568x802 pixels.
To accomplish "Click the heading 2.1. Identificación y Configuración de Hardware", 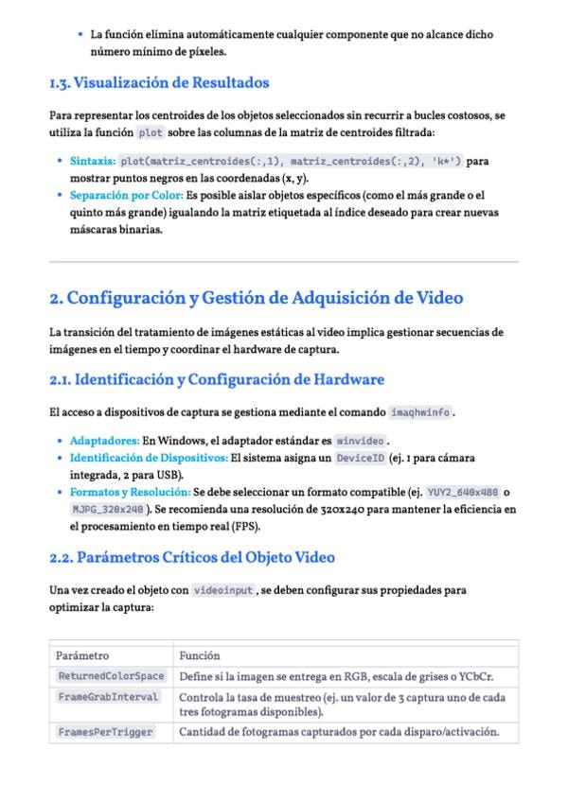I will (216, 380).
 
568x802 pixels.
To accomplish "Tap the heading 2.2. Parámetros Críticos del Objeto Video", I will (191, 557).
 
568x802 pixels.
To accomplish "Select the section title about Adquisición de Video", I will (256, 298).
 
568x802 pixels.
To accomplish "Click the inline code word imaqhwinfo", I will (421, 412).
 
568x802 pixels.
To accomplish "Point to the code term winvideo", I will (362, 441).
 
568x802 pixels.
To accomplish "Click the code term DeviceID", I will (360, 458).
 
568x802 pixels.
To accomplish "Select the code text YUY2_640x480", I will (463, 493).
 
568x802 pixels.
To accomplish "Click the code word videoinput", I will (223, 590).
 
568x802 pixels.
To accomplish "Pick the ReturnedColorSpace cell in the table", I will (111, 676).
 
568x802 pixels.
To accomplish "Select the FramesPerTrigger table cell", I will (105, 732).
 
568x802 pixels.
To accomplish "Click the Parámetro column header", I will (82, 655).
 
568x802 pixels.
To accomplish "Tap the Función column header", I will (200, 655).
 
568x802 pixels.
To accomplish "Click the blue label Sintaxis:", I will (93, 162).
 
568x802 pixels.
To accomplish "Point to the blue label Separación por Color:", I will (126, 196).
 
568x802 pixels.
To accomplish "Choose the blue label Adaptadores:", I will (104, 441).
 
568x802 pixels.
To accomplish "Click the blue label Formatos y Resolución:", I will (129, 493).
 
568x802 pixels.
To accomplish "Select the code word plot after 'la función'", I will (151, 132).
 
